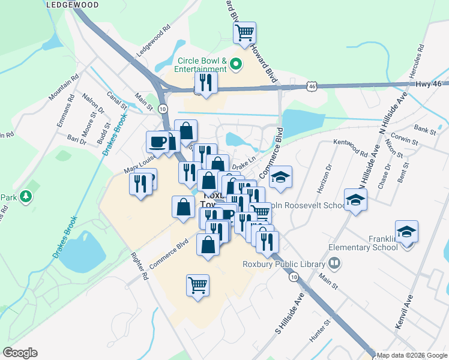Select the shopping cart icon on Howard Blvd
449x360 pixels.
(244, 33)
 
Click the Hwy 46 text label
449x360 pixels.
(428, 83)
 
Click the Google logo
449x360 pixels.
(20, 352)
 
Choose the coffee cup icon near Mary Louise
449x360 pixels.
(158, 142)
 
